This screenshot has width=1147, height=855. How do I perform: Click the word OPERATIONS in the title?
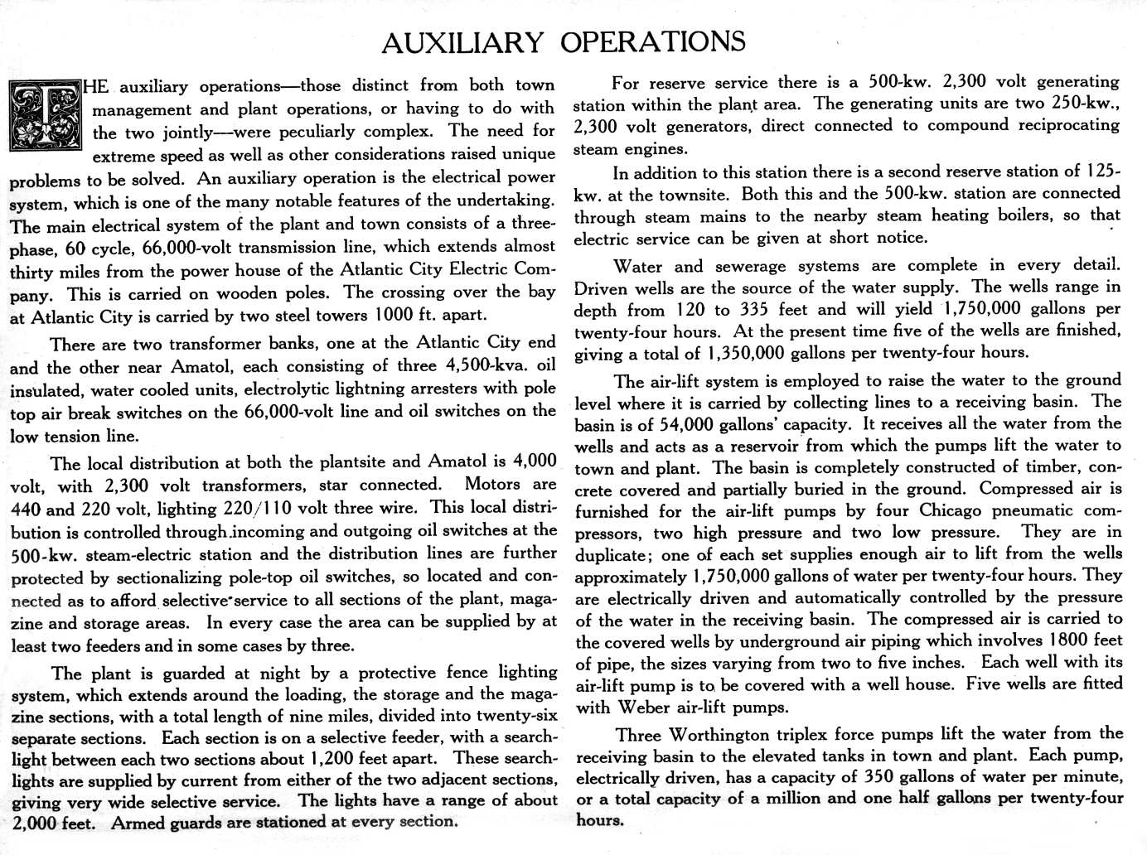click(652, 41)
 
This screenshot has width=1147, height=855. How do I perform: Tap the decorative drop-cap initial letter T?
click(45, 116)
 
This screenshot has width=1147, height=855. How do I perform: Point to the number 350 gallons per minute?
click(879, 777)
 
